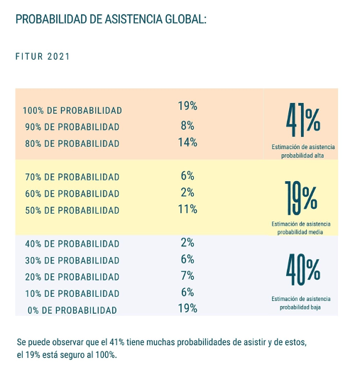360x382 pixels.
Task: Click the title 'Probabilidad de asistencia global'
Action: (111, 19)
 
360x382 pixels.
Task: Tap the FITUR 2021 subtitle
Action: (43, 57)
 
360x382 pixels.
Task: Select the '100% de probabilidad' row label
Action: (72, 111)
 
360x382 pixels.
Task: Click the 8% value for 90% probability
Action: (187, 126)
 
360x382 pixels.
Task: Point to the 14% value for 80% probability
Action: (187, 142)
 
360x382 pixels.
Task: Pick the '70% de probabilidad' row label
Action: (72, 177)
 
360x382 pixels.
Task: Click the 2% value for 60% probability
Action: (187, 192)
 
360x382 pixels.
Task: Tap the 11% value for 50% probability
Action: (187, 209)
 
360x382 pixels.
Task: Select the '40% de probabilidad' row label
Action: (72, 244)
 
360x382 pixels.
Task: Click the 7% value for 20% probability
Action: (187, 275)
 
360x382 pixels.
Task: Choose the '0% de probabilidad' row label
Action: (72, 310)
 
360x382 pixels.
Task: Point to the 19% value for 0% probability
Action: (187, 308)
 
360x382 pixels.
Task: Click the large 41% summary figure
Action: (303, 120)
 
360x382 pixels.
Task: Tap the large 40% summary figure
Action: (303, 270)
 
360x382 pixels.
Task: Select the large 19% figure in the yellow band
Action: (301, 198)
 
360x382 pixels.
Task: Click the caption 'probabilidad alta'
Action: (302, 155)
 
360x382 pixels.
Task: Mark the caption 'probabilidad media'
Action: (300, 232)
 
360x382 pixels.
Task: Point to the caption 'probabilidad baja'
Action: (300, 307)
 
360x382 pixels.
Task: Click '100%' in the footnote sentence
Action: (106, 355)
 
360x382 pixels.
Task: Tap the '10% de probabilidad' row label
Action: (72, 294)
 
